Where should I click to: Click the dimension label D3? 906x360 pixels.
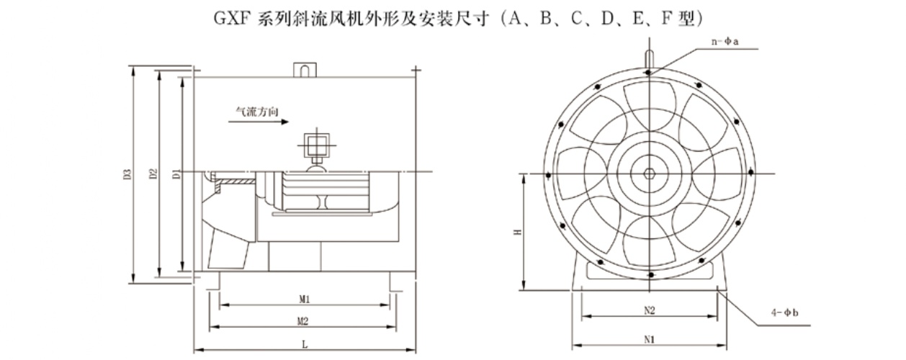pyautogui.click(x=127, y=174)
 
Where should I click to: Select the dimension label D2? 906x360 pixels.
pyautogui.click(x=152, y=174)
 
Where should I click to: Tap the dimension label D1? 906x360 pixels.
pyautogui.click(x=176, y=174)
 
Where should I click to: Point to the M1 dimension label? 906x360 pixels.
pyautogui.click(x=304, y=299)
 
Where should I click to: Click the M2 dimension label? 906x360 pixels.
pyautogui.click(x=304, y=320)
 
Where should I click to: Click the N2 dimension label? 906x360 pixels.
pyautogui.click(x=649, y=311)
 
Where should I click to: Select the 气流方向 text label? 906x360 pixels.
pyautogui.click(x=257, y=112)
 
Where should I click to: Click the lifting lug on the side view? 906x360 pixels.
pyautogui.click(x=304, y=70)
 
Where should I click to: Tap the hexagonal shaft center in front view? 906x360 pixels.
pyautogui.click(x=650, y=174)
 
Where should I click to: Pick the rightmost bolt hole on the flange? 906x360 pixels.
pyautogui.click(x=750, y=172)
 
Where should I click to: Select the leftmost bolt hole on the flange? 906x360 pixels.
pyautogui.click(x=550, y=174)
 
